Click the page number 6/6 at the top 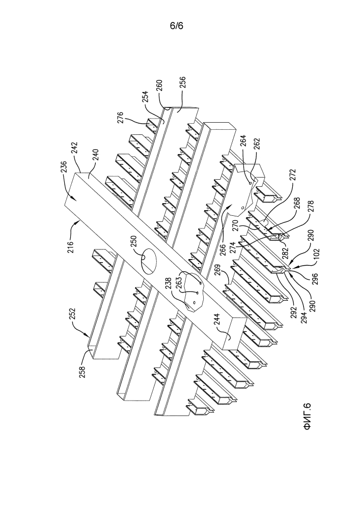[177, 25]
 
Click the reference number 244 [216, 320]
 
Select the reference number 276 [120, 119]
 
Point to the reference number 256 [183, 83]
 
